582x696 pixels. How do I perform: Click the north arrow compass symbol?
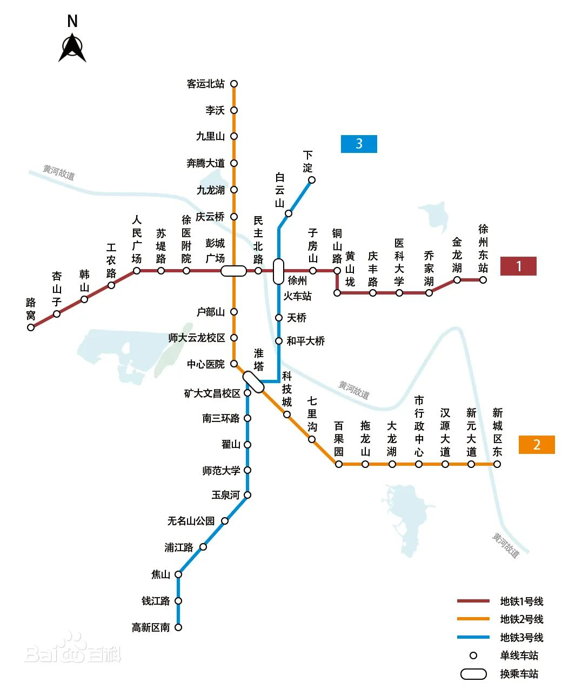point(72,48)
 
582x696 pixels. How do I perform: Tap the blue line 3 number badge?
point(359,144)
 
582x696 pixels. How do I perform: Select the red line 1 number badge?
point(518,266)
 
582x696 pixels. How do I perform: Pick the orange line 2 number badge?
point(537,445)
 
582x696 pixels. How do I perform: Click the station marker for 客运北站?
point(234,84)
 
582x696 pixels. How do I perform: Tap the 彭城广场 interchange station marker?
point(233,271)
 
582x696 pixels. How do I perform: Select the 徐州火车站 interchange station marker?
point(278,271)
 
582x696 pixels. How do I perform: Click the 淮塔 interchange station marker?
point(253,382)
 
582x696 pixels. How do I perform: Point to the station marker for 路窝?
point(31,327)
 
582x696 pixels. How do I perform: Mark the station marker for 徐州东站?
point(483,280)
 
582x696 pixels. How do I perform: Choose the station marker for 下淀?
point(312,180)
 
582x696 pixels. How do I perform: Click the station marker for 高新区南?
point(178,627)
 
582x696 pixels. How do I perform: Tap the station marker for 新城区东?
point(497,464)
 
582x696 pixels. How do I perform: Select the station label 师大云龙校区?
point(197,338)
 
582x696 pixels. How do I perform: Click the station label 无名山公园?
point(191,521)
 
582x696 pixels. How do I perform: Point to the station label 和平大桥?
point(306,341)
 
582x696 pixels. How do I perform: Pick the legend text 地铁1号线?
point(521,601)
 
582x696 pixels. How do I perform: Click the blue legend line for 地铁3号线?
point(473,638)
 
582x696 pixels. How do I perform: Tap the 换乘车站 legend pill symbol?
point(473,674)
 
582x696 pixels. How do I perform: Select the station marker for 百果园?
point(339,464)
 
